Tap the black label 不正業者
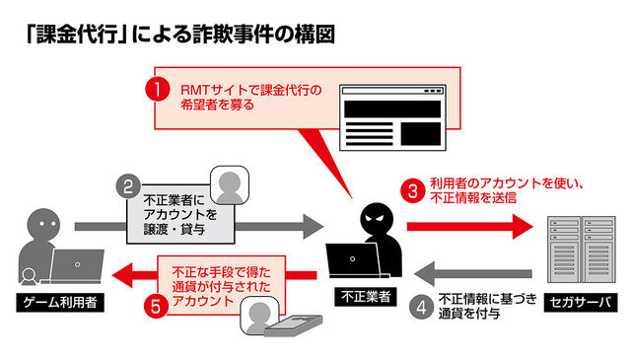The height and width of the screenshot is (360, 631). (364, 296)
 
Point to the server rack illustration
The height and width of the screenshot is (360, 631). (574, 242)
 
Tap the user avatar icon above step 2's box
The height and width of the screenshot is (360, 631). (228, 183)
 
